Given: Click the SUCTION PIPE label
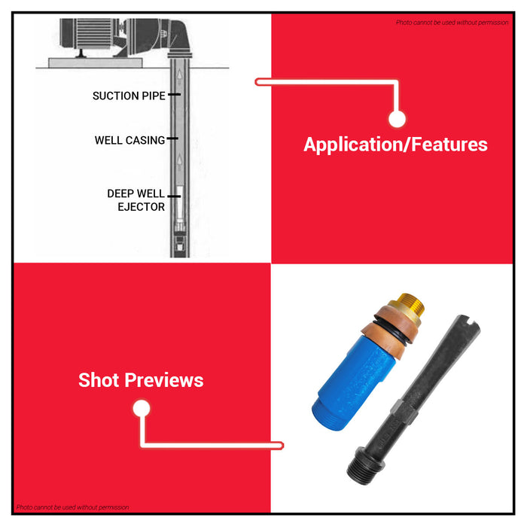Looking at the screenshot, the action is [x=129, y=96].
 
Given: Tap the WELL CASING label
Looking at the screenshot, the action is [x=129, y=140].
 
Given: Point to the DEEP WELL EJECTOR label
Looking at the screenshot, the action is [x=136, y=200].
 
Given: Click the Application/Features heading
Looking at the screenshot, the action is [x=395, y=145].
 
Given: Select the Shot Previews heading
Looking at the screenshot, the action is [x=141, y=380].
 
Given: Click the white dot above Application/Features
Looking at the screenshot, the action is [x=397, y=119].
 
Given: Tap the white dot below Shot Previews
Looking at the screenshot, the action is [x=142, y=408].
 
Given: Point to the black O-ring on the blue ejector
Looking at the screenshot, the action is [x=390, y=333].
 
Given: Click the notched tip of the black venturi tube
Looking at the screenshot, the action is [x=467, y=323].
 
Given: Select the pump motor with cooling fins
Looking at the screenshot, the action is [x=89, y=33].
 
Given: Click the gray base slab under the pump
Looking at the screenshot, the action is [x=96, y=62].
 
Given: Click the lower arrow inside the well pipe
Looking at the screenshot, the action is [x=180, y=162].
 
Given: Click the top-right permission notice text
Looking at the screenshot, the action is [x=452, y=23].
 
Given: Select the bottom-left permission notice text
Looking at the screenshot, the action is [x=72, y=507].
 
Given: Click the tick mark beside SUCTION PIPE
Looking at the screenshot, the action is [x=174, y=94].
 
